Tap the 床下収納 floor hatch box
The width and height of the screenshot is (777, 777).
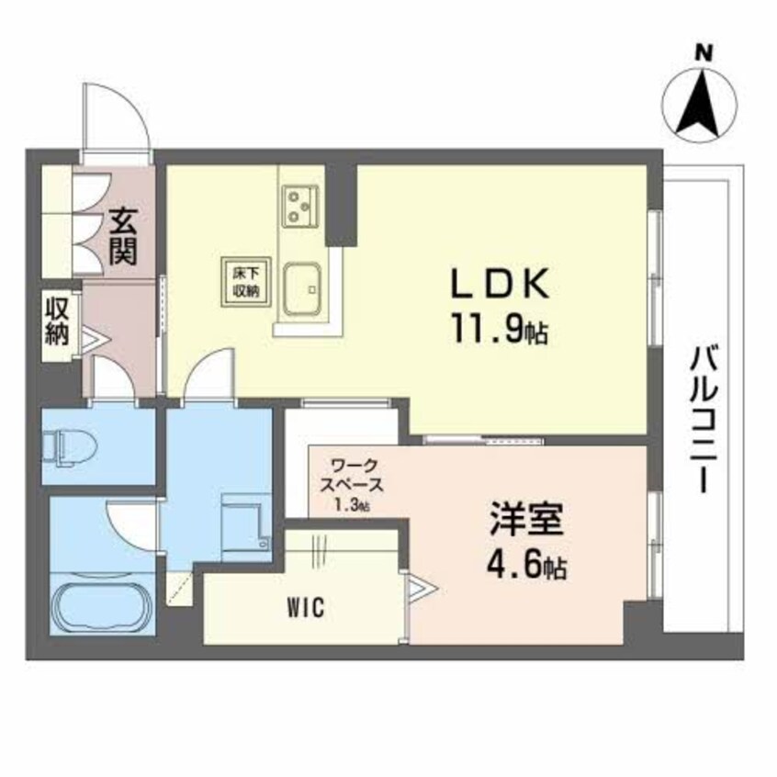pos(244,277)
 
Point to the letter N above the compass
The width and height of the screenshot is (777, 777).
pos(704,53)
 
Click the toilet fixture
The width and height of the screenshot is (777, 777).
pos(72,446)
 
